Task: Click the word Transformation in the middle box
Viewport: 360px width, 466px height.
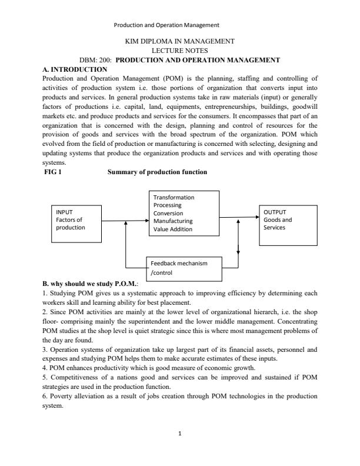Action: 174,198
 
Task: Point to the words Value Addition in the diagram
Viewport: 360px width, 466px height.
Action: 173,229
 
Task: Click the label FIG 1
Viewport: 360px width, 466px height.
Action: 54,172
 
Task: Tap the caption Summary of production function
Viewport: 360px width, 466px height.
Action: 157,172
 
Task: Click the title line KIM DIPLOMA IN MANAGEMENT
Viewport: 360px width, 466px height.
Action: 180,42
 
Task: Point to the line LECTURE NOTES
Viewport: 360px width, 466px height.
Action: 180,51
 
